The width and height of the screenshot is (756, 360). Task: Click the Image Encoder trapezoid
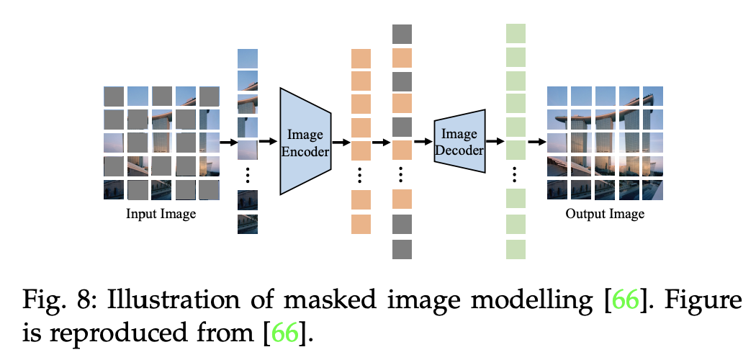[305, 142]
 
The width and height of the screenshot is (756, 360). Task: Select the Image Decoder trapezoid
[459, 142]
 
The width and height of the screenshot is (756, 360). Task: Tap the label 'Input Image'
[161, 214]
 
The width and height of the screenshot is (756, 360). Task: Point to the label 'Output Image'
[605, 214]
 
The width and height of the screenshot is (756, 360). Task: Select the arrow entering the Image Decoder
[423, 142]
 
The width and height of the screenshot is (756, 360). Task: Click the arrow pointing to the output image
[536, 142]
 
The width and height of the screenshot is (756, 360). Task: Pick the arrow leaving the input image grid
[228, 142]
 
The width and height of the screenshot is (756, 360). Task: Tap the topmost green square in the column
[516, 34]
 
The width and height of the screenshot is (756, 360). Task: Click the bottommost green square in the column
[516, 249]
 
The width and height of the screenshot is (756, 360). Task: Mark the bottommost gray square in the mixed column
[402, 249]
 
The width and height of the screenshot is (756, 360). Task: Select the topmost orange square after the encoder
[361, 58]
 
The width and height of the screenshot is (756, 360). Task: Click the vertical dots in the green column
[516, 174]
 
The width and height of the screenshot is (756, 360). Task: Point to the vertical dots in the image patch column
[248, 175]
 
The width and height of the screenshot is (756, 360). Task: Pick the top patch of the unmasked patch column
[248, 58]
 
